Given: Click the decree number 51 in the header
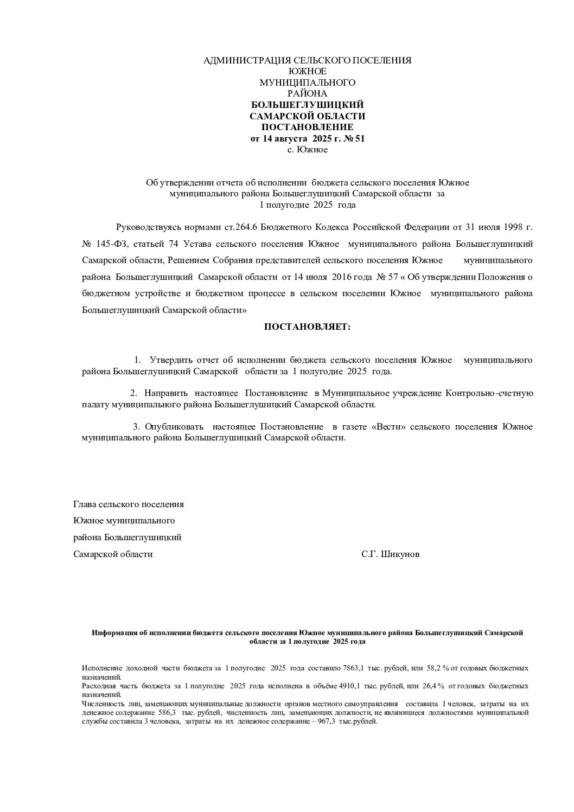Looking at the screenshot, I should tap(359, 138).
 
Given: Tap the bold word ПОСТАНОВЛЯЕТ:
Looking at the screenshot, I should tap(307, 327).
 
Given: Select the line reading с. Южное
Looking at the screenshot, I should tap(307, 149).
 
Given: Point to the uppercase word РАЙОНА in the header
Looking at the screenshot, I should tap(307, 93).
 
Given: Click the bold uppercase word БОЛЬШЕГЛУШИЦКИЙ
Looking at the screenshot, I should tap(307, 105).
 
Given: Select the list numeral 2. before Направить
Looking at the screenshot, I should tap(133, 393).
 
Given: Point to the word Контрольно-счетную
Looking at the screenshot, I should tap(490, 393).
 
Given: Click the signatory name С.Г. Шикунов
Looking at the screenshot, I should tap(390, 554).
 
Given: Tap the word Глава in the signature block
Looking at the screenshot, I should tap(85, 504).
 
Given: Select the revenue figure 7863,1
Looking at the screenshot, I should tap(353, 668).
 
